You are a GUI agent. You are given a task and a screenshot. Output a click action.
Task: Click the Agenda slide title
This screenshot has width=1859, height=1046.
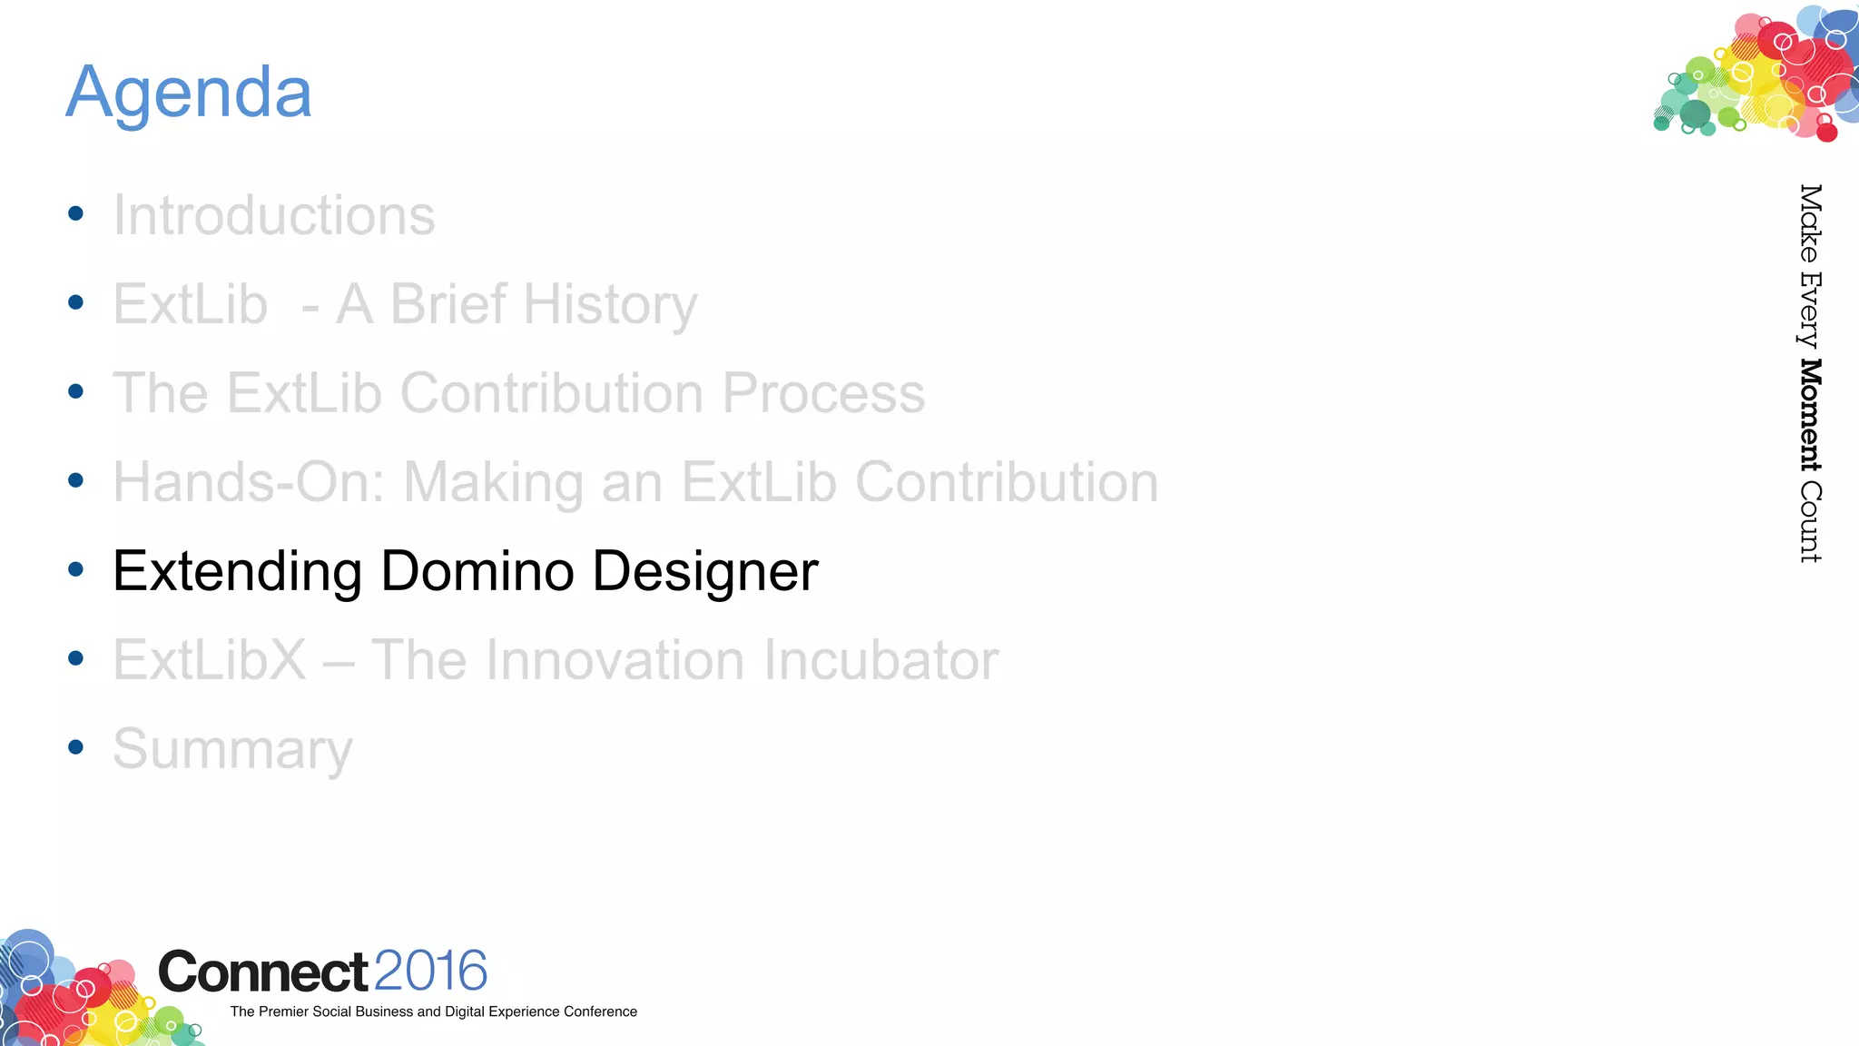pos(189,93)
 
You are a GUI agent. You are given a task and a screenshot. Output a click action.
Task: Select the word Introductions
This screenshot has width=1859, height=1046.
pos(273,216)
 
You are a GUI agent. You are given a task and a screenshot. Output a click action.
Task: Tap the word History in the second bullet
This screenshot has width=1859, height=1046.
pos(610,304)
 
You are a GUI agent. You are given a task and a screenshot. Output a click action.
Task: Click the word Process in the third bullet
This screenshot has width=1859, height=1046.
pos(823,393)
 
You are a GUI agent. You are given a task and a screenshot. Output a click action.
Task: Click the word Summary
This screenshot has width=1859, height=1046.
pos(232,750)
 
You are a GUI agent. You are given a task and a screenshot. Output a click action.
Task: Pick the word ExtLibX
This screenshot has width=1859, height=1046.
pos(210,660)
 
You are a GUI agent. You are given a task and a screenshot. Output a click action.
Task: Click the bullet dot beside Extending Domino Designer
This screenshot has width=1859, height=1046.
pos(76,569)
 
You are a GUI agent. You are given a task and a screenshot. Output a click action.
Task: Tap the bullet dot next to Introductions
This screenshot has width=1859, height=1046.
pos(76,214)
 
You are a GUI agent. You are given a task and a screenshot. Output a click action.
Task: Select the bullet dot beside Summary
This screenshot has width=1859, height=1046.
pos(76,747)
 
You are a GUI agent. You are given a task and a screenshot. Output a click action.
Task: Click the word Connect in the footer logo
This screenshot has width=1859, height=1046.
pos(263,972)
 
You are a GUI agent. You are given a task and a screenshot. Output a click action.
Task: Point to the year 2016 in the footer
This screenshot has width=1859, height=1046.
pos(430,971)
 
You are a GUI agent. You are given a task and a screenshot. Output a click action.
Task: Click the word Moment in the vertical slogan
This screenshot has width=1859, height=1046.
pos(1810,415)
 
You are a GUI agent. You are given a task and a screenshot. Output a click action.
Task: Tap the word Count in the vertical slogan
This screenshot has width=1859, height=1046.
pos(1810,522)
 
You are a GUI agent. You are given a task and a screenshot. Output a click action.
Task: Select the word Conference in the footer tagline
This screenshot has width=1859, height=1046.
pos(600,1011)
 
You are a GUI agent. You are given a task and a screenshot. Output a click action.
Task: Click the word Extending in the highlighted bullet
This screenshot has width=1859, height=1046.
pos(237,571)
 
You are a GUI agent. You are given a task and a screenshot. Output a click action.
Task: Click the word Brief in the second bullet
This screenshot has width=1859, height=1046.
pos(448,304)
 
